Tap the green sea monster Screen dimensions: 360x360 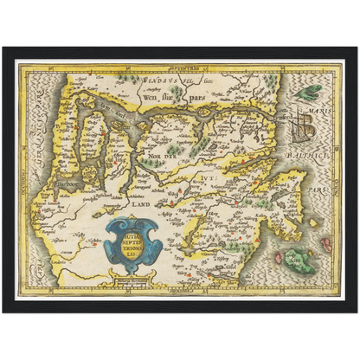click(307, 90)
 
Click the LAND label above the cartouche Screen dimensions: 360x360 click(141, 205)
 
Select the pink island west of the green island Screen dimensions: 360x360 click(277, 257)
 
